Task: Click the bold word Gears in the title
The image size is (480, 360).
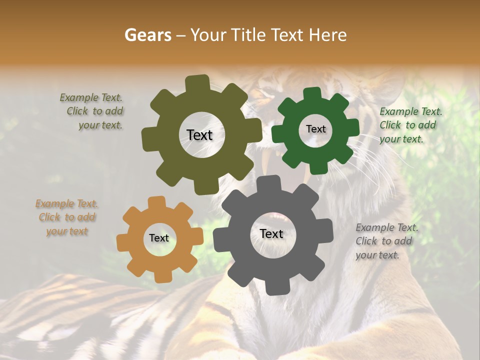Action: coord(148,35)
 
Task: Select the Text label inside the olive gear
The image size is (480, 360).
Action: coord(200,135)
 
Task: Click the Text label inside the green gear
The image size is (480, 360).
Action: coord(315,129)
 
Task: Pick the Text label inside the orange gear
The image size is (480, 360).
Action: coord(159,238)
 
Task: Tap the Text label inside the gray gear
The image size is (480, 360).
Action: coord(271,233)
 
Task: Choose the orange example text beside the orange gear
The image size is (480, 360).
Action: coord(66,217)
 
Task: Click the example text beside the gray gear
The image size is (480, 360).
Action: coord(386,241)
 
